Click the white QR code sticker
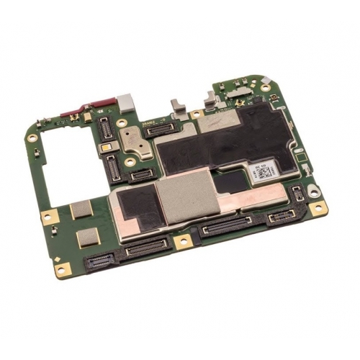coord(262,172)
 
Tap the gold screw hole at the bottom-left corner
coord(63,270)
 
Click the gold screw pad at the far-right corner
coord(320,208)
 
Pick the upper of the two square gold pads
coord(81,210)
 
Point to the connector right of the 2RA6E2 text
coord(161,128)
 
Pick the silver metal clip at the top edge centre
coord(176,106)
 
